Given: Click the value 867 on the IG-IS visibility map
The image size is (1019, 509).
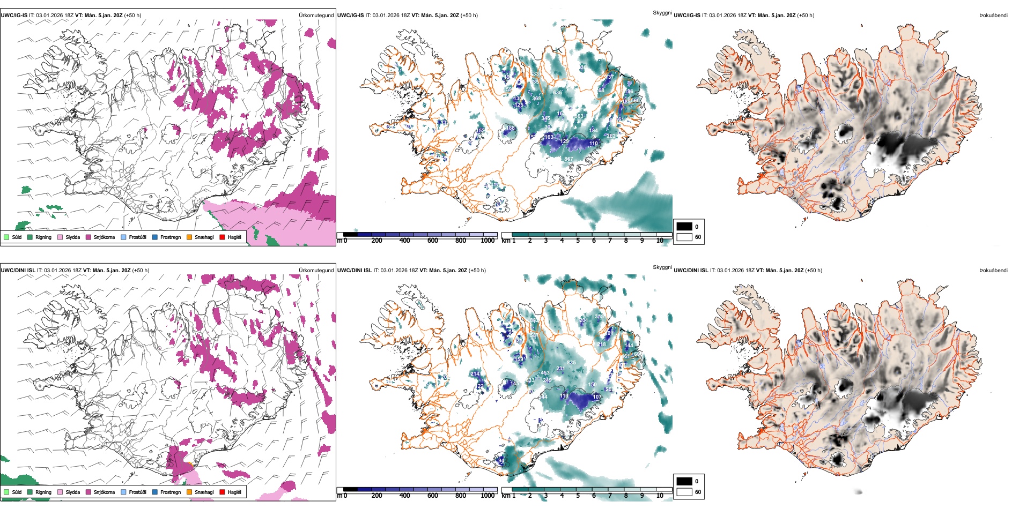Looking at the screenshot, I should pos(568,159).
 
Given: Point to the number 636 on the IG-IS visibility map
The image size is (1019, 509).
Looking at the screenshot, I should pos(558,93).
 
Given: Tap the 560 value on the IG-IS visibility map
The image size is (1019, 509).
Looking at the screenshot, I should pos(635,101).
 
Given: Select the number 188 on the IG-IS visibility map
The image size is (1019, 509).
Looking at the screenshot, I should pos(511,128).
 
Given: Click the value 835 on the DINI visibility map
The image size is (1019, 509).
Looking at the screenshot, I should pos(571,363).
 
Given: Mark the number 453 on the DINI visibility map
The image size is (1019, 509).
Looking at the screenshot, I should pos(545,373).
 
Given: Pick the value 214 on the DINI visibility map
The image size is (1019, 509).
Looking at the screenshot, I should pos(475,374).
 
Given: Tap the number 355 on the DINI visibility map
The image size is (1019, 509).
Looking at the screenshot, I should pos(599,317).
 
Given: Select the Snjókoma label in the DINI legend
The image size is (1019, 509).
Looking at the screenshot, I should pos(104,492).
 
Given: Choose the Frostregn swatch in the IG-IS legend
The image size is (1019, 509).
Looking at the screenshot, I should pos(155,237).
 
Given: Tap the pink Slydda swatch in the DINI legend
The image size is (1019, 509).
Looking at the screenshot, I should pos(60,492).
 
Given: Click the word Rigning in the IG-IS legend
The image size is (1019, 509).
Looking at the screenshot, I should pos(43,237).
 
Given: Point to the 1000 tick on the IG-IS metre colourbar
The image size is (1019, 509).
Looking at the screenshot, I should pos(488,241).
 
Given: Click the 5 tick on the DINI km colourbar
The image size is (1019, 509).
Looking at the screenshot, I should pos(578,496).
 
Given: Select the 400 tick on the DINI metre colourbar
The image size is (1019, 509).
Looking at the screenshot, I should pos(405,496).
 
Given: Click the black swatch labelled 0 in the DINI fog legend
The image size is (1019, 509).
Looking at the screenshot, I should pos(684,481).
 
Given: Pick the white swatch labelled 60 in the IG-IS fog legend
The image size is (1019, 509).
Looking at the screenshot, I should pos(684,237).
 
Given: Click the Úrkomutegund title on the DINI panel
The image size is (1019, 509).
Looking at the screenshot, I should pos(316,270).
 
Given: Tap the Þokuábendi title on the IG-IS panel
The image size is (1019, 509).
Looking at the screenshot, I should pos(993,15).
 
